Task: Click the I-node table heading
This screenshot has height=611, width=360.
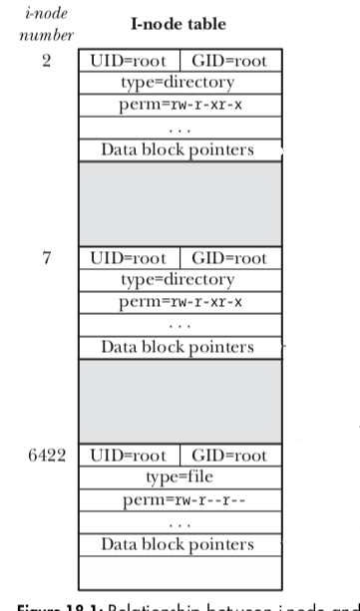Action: click(179, 24)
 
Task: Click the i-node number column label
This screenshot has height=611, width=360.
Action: click(46, 24)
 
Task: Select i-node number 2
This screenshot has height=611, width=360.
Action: click(47, 62)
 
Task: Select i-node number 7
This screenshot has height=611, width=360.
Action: click(47, 258)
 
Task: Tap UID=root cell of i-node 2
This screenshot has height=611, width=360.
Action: click(129, 62)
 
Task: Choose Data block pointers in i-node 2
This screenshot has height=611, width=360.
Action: click(178, 151)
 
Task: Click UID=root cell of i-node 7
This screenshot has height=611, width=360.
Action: click(129, 258)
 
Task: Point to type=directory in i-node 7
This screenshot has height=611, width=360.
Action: click(178, 280)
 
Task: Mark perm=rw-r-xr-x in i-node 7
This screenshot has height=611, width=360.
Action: click(178, 302)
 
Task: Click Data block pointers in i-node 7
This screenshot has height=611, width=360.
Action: click(178, 347)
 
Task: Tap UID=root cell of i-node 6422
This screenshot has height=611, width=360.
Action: click(129, 456)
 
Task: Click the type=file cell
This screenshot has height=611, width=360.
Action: click(178, 477)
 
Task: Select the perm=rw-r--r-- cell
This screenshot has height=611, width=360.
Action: click(178, 499)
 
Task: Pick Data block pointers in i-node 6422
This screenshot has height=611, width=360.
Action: click(178, 544)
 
